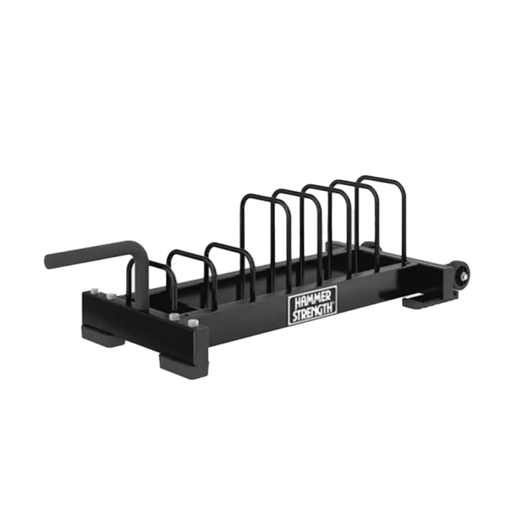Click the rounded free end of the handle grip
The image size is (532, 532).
[50, 262]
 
